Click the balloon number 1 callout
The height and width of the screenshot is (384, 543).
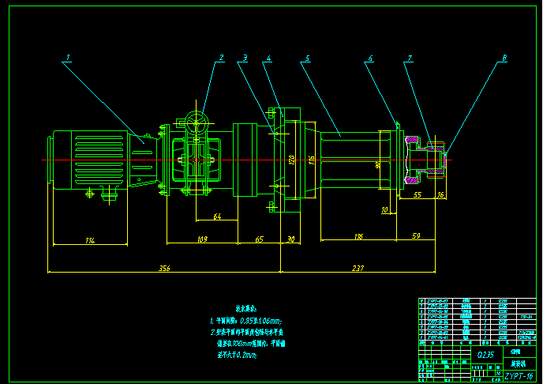coord(69,57)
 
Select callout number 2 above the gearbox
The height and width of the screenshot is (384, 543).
coord(222,57)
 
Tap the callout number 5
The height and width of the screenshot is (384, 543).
coord(307,58)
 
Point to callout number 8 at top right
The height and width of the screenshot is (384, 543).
coord(504,58)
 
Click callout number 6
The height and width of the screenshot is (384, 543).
coord(369,58)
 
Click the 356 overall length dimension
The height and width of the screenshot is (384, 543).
coord(164,269)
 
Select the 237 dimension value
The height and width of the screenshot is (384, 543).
coord(358,269)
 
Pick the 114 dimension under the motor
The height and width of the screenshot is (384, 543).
coord(91,239)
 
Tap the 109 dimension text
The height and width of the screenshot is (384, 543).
coord(201,239)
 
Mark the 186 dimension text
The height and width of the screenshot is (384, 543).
coord(358,236)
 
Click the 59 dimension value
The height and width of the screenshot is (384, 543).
coord(416,236)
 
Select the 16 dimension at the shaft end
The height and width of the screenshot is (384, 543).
coord(440,194)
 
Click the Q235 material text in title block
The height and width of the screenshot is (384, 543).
coord(486,356)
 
